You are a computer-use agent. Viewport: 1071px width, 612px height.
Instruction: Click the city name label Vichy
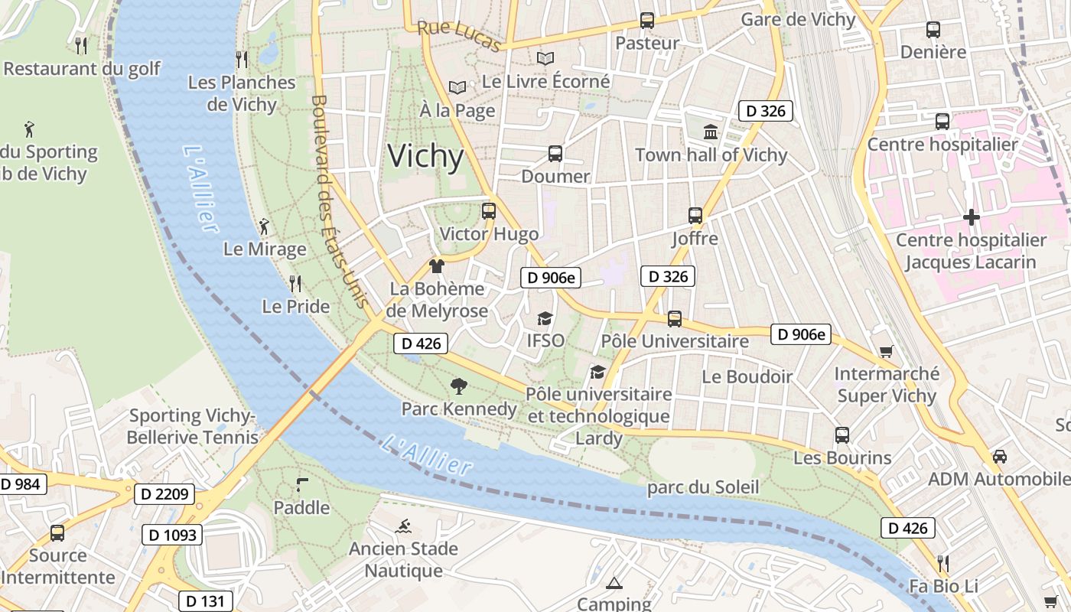click(x=425, y=156)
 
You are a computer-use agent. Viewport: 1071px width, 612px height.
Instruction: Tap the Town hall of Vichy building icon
click(x=711, y=132)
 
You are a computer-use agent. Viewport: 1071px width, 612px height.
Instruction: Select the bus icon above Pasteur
click(x=647, y=21)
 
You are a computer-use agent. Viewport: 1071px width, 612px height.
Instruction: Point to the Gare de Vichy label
click(x=798, y=20)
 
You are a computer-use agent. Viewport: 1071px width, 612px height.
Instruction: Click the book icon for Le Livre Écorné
click(x=545, y=58)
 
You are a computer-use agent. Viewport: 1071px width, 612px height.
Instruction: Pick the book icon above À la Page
click(x=457, y=88)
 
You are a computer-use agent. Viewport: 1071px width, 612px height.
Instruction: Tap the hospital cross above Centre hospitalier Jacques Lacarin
click(x=971, y=217)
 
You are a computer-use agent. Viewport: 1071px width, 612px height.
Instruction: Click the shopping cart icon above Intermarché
click(x=886, y=352)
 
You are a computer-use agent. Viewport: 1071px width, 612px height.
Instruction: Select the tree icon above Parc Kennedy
click(x=459, y=386)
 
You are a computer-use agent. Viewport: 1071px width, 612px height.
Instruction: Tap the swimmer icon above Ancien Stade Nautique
click(x=403, y=526)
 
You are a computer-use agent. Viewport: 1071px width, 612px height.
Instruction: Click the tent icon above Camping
click(x=614, y=584)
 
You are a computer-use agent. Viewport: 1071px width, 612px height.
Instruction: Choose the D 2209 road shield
click(x=164, y=494)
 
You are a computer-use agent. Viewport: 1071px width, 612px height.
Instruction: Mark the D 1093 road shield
click(x=172, y=535)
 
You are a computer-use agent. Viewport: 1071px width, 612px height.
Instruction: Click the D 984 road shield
click(x=21, y=483)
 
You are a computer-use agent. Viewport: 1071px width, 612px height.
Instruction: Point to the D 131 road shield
click(x=206, y=601)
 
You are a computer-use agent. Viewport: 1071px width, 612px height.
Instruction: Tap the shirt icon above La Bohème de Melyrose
click(x=437, y=266)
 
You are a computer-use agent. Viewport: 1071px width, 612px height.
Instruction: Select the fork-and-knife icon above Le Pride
click(x=295, y=284)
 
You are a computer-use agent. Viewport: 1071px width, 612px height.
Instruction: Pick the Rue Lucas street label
click(x=458, y=37)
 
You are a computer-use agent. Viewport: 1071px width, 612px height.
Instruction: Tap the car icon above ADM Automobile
click(x=999, y=457)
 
